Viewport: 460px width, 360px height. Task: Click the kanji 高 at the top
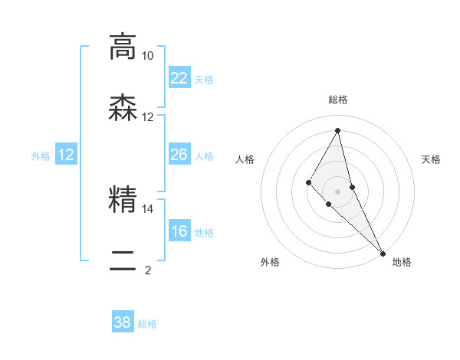123,46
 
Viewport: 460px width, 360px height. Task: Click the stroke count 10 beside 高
147,56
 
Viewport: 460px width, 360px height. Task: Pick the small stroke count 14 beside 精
147,208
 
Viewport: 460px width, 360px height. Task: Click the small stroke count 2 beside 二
147,269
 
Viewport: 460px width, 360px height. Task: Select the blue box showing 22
179,78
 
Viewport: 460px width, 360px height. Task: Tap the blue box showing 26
179,155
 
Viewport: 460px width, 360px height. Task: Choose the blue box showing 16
179,231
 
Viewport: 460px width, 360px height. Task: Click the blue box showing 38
123,322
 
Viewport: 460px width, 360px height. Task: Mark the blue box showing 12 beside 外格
66,155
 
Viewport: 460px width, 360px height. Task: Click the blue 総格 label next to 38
147,324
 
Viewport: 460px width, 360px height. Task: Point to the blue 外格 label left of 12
41,156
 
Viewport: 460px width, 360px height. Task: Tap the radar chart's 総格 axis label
338,100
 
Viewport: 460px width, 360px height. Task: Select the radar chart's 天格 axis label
432,159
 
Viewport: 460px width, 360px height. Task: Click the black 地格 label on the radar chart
402,262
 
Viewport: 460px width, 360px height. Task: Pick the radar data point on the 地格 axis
382,252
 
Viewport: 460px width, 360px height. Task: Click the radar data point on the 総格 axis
338,130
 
